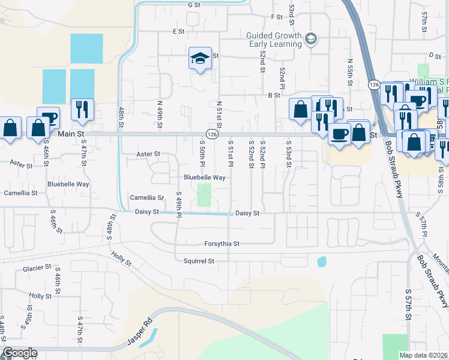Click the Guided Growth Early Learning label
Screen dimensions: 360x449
pyautogui.click(x=276, y=40)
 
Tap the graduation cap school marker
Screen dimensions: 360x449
pyautogui.click(x=200, y=59)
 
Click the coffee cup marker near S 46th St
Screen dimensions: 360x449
pyautogui.click(x=48, y=118)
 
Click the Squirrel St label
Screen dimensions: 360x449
pyautogui.click(x=199, y=261)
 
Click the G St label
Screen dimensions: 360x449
pyautogui.click(x=193, y=5)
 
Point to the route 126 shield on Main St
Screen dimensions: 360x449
pyautogui.click(x=211, y=134)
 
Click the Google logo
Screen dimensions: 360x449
pyautogui.click(x=19, y=353)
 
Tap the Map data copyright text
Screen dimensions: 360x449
pyautogui.click(x=424, y=355)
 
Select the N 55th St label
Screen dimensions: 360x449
pyautogui.click(x=350, y=70)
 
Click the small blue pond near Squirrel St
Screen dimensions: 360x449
pyautogui.click(x=322, y=262)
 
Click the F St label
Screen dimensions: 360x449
pyautogui.click(x=277, y=17)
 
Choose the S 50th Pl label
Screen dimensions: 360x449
pyautogui.click(x=202, y=154)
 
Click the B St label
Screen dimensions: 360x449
pyautogui.click(x=274, y=95)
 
